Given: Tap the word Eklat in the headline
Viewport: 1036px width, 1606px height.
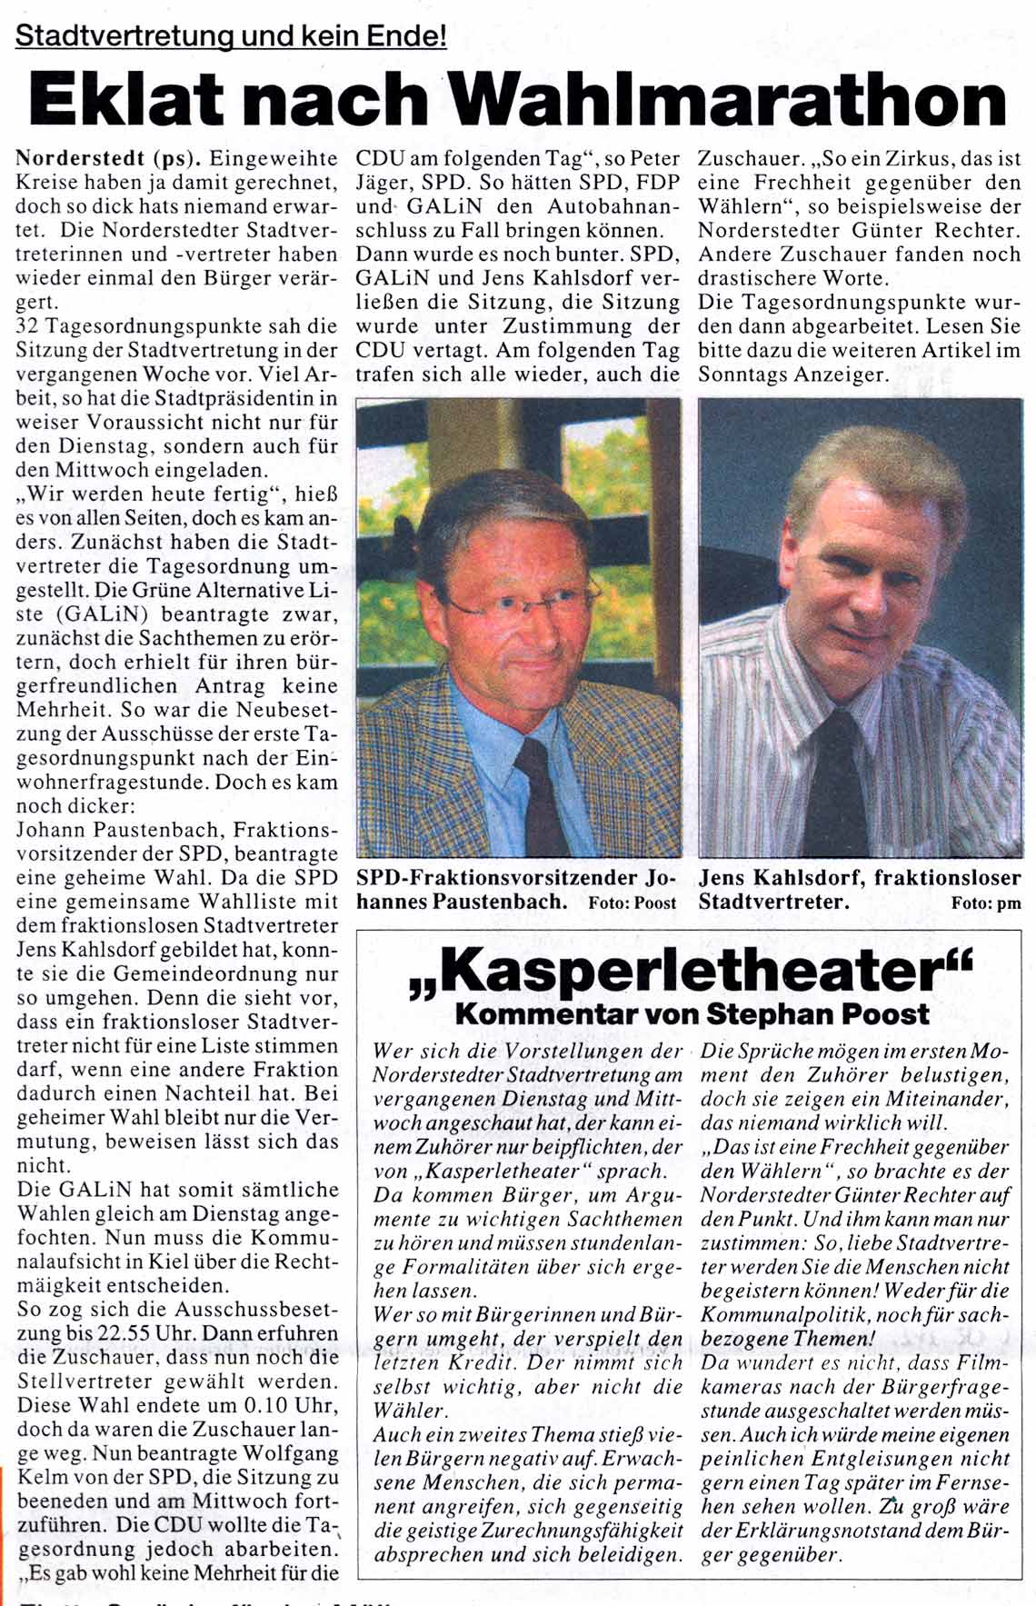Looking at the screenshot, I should click(124, 99).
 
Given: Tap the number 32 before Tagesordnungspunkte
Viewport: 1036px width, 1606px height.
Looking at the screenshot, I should click(28, 325).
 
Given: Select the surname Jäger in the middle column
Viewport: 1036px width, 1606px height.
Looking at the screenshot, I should click(384, 182).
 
